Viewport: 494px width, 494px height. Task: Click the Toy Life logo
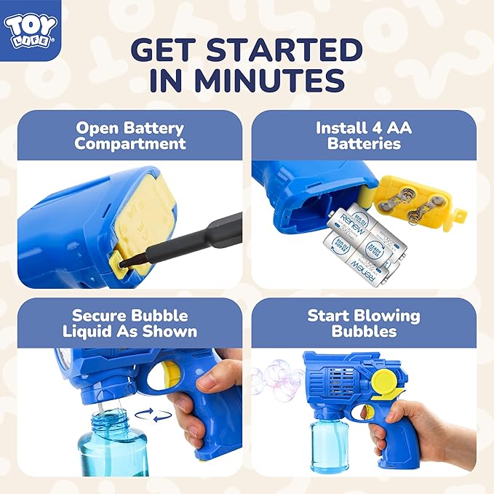point(31,31)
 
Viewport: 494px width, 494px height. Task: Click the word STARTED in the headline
point(284,49)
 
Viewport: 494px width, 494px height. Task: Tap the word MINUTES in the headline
point(270,80)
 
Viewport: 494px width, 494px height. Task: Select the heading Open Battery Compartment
point(130,136)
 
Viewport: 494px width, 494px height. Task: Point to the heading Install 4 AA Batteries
point(364,136)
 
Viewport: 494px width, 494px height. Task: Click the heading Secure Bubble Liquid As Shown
point(130,323)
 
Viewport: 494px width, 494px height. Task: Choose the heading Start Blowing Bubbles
point(364,323)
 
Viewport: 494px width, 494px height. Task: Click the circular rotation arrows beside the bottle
point(154,415)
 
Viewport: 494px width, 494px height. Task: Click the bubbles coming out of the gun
point(277,378)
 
